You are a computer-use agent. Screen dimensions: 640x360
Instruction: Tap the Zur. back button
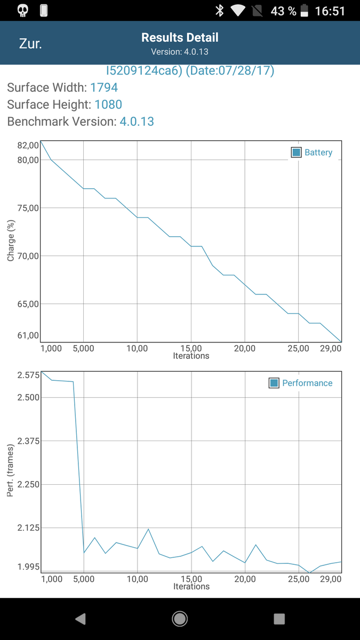coord(30,43)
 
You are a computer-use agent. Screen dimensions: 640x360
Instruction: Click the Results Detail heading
coord(180,38)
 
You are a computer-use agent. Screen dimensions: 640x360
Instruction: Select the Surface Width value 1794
coord(104,87)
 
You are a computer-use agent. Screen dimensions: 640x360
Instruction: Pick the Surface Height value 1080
coord(108,105)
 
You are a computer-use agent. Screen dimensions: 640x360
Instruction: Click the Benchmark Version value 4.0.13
coord(137,122)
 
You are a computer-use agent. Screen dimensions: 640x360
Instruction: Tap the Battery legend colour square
coord(296,153)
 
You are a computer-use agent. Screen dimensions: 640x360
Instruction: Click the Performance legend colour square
coord(274,383)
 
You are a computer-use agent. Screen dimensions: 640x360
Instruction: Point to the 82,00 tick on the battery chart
coord(28,145)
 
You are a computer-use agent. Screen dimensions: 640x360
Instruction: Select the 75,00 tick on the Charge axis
coord(28,208)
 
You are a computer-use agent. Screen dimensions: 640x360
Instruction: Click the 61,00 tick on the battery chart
coord(28,335)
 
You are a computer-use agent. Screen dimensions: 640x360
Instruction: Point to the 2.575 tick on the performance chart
coord(28,375)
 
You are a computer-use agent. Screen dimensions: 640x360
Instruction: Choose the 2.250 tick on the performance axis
coord(28,484)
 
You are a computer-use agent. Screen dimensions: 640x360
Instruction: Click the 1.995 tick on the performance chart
coord(28,566)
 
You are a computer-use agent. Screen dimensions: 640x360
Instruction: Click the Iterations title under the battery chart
coord(191,356)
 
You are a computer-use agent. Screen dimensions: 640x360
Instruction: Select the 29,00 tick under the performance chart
coord(331,579)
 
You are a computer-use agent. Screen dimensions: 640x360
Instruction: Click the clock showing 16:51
coord(330,11)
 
